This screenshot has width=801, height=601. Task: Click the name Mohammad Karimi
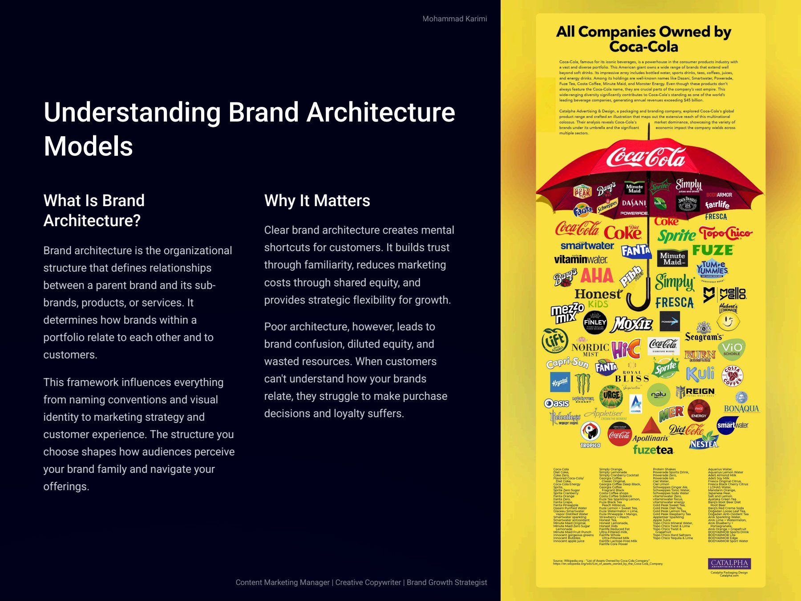tap(454, 19)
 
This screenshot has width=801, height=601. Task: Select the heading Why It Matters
tap(317, 201)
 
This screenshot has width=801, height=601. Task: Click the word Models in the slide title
tap(88, 146)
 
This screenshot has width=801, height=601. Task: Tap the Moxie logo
tap(632, 324)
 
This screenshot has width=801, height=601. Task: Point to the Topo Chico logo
tap(725, 233)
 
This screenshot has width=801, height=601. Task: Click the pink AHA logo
tap(597, 276)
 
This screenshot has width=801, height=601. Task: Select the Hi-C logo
tap(626, 349)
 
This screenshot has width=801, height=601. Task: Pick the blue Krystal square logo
tap(560, 382)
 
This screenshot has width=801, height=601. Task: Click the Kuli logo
tap(700, 374)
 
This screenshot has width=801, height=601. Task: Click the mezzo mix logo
tap(567, 313)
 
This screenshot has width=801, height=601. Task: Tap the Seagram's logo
tap(704, 333)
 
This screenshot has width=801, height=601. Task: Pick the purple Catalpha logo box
tap(729, 563)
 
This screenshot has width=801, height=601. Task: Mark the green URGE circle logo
tap(611, 395)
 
